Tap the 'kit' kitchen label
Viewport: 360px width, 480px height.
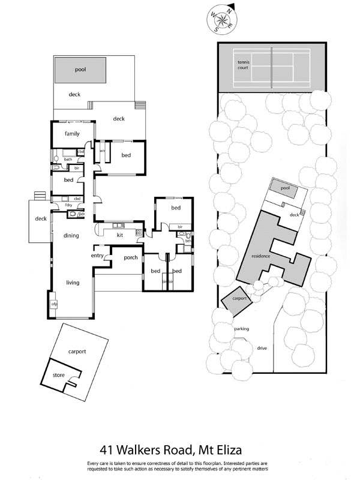[120, 235]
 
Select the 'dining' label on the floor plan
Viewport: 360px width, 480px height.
[71, 236]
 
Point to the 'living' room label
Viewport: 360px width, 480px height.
[73, 283]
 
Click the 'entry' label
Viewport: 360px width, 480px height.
[97, 256]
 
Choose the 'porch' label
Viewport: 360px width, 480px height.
[131, 258]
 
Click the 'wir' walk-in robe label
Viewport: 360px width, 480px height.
[102, 151]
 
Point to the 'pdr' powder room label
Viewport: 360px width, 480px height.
[82, 214]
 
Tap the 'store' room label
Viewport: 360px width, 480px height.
[58, 375]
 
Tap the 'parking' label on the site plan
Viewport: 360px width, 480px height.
[241, 329]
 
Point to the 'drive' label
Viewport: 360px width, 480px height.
[262, 348]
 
